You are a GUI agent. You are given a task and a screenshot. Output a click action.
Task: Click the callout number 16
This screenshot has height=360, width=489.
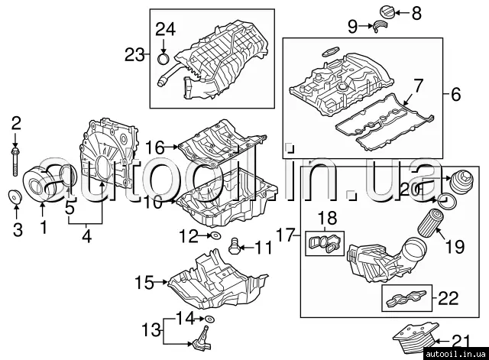tap(155, 146)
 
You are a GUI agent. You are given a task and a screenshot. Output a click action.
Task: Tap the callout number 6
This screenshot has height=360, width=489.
tap(456, 96)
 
